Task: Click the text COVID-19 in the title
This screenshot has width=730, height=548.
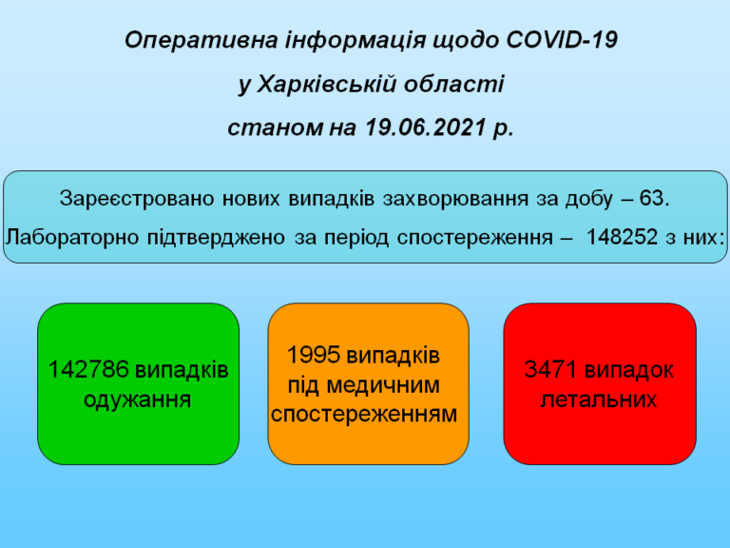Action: (562, 40)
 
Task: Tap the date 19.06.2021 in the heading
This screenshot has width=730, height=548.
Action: (426, 127)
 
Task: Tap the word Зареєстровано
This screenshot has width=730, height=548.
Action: (137, 199)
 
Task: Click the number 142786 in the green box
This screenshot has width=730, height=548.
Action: (88, 369)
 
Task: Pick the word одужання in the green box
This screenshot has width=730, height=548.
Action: (137, 400)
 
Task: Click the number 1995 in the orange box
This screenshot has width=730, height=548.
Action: (314, 355)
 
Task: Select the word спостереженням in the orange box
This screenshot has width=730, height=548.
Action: (364, 414)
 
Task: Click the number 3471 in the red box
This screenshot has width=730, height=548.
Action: (550, 369)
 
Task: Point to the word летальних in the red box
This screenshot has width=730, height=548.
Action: (599, 400)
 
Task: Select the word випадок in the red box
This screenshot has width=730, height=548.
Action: (628, 370)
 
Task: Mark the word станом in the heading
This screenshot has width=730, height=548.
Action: (275, 127)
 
